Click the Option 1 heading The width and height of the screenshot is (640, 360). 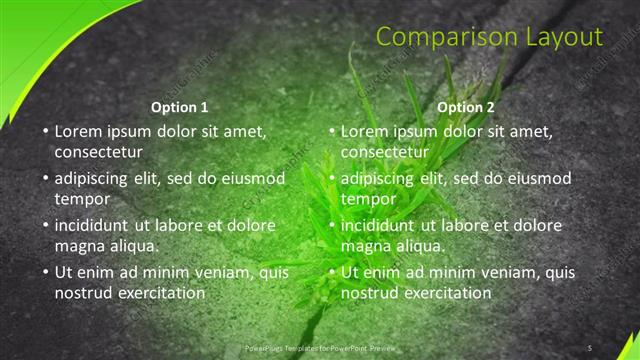coord(179,106)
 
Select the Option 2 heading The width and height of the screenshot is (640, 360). coord(465,106)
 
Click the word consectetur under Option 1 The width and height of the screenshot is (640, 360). coord(98,152)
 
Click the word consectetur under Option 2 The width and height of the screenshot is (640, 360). coord(384,152)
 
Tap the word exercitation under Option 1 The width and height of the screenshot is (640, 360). coord(159,294)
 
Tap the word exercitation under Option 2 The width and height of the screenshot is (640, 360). coord(445,294)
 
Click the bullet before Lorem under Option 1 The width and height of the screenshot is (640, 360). coord(44,131)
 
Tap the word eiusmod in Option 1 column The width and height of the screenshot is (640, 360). coord(254,178)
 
